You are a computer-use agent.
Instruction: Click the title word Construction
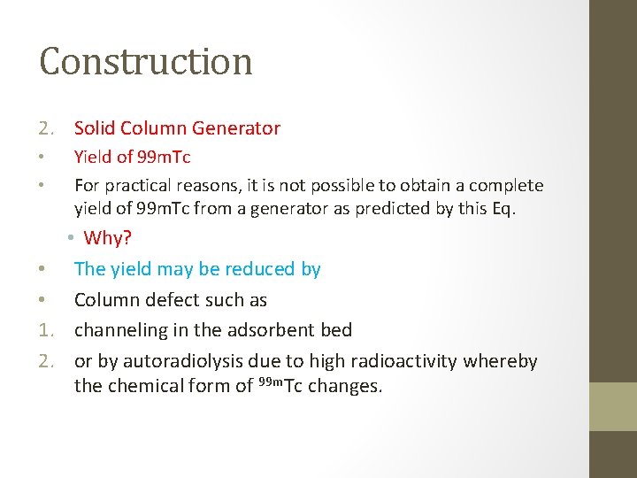coord(146,62)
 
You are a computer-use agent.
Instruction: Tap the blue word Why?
coord(107,239)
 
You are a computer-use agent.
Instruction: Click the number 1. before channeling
coord(48,331)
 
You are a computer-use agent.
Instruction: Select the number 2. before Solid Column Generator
coord(48,128)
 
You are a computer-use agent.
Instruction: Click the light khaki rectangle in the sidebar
coord(613,406)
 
